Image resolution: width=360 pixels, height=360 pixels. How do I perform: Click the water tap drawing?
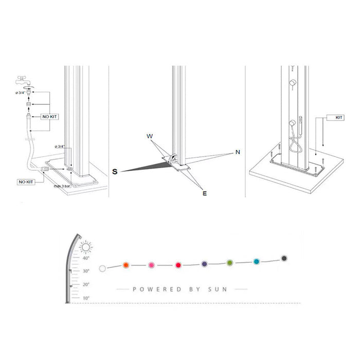coord(23,81)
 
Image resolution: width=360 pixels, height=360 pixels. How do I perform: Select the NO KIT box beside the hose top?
coord(49,117)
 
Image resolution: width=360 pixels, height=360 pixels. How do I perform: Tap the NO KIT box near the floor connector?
coord(26,182)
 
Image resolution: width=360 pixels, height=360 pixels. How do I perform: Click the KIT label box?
coord(338,118)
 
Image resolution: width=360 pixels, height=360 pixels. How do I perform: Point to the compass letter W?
coord(150,136)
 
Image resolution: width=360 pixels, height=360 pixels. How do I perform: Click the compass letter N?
coord(238,152)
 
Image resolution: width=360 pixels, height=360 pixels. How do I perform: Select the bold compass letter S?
coord(115,171)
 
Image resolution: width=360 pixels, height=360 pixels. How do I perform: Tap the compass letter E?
coord(205,193)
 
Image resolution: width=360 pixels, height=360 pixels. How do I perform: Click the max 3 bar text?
coord(62,186)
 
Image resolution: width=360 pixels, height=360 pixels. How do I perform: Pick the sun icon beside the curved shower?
coord(86,247)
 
